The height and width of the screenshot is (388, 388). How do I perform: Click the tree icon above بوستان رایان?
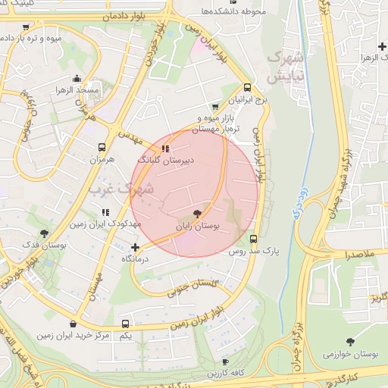(199, 214)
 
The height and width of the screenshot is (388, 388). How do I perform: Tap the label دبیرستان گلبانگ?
(166, 161)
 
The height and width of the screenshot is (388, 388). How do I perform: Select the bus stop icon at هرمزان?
(102, 148)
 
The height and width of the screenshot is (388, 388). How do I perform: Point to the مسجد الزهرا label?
(77, 91)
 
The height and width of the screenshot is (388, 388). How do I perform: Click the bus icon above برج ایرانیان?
(247, 87)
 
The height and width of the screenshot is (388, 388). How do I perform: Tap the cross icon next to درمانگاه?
(135, 247)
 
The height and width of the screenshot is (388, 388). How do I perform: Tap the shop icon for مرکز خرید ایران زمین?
(73, 324)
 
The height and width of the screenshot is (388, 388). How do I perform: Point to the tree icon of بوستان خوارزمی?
(350, 342)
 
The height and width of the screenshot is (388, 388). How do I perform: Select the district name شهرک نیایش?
(286, 67)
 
